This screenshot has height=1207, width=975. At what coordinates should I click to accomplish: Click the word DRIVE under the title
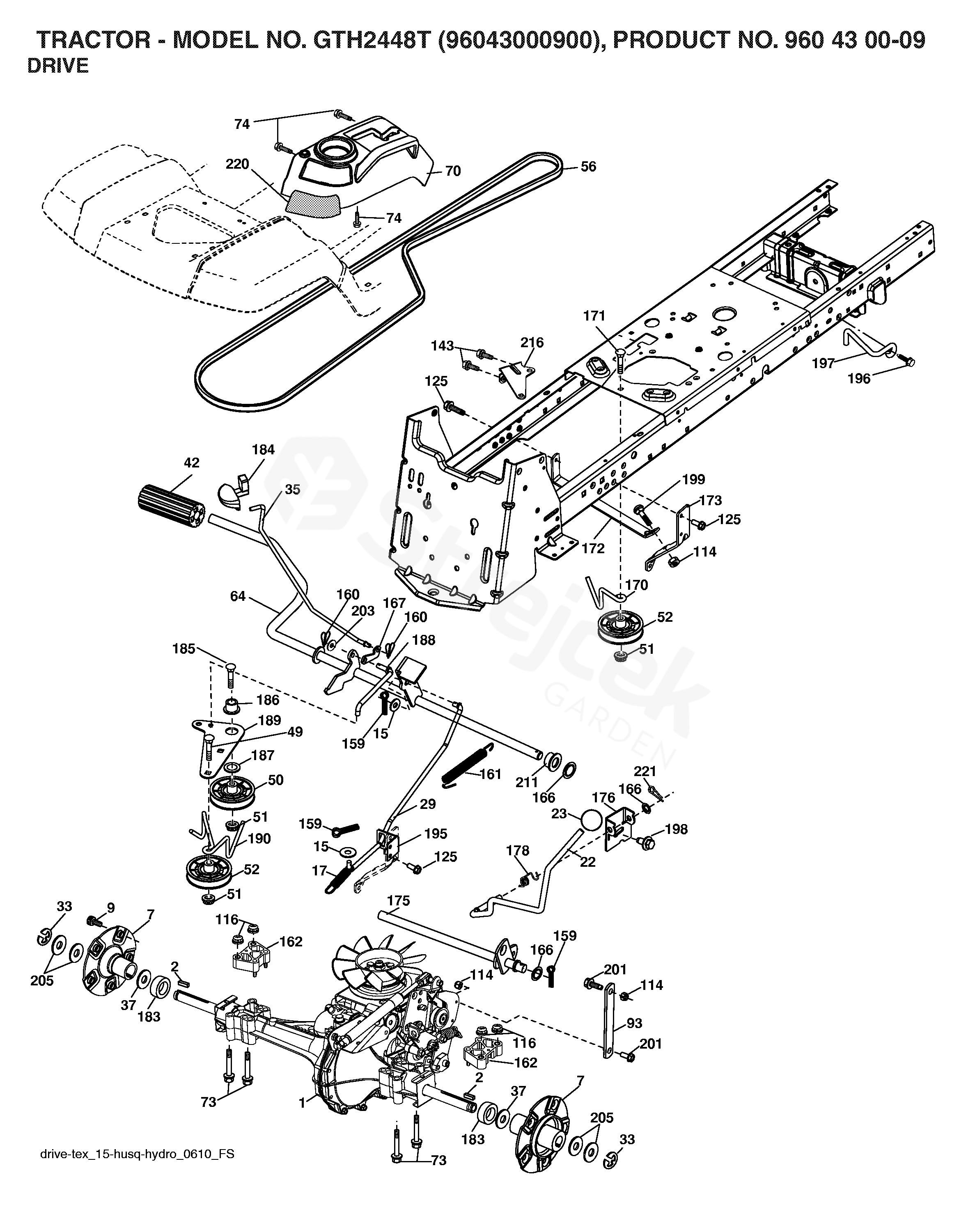(x=58, y=66)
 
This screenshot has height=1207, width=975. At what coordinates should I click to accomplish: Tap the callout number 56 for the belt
(x=588, y=167)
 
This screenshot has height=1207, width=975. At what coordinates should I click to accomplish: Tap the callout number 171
(x=594, y=316)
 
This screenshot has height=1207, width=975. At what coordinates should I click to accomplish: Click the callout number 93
(x=634, y=1023)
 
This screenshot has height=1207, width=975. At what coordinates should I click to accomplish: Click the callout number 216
(x=532, y=342)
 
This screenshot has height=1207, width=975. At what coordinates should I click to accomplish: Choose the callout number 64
(x=238, y=595)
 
